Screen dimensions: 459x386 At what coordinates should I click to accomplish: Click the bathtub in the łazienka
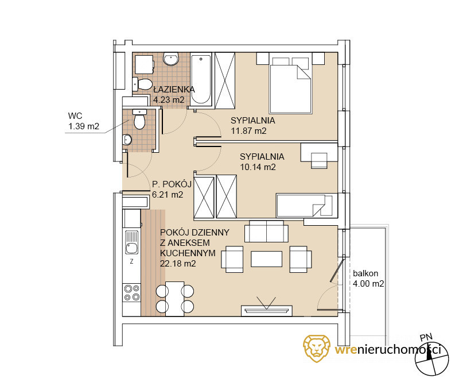[x=201, y=79]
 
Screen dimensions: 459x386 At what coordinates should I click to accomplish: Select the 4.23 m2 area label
[x=169, y=99]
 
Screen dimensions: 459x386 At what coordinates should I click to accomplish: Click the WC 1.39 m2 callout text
[x=84, y=121]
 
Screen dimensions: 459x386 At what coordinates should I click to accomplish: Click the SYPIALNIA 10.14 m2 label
[x=262, y=161]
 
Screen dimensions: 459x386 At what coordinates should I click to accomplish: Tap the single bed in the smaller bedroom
[x=305, y=205]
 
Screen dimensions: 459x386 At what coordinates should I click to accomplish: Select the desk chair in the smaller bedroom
[x=319, y=161]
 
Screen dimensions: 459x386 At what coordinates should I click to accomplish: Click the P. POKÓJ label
[x=172, y=184]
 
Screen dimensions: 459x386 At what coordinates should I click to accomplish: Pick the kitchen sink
[x=132, y=242]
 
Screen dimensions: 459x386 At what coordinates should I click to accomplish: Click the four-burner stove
[x=132, y=293]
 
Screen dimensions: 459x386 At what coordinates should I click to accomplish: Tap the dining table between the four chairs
[x=175, y=299]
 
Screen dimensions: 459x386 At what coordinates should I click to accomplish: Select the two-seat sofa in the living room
[x=266, y=231]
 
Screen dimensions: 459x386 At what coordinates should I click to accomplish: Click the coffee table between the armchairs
[x=266, y=259]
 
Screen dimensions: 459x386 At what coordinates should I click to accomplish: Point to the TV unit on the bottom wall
[x=266, y=311]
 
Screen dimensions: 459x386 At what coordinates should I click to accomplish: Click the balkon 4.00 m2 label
[x=368, y=279]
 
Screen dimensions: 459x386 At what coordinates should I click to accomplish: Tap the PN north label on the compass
[x=426, y=337]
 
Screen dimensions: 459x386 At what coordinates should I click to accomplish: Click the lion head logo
[x=317, y=349]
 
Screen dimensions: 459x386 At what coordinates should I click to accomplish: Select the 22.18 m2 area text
[x=178, y=264]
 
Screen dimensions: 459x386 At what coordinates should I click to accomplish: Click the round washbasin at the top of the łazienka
[x=170, y=59]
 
